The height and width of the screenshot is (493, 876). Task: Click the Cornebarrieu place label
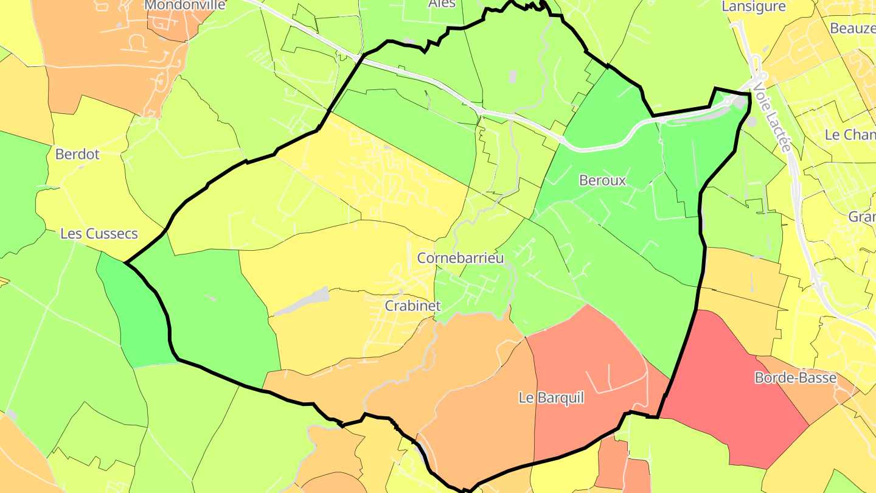[461, 258]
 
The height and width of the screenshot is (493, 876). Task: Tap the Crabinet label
[412, 306]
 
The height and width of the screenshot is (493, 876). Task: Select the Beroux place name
[602, 180]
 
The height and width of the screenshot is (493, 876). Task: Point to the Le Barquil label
[551, 398]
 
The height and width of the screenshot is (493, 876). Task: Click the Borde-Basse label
[795, 378]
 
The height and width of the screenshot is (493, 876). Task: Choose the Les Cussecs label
[99, 234]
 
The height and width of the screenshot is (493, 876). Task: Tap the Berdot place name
[77, 155]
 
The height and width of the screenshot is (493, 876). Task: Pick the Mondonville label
[185, 5]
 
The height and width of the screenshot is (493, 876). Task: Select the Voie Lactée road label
[771, 118]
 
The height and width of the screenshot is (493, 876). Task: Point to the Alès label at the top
[442, 4]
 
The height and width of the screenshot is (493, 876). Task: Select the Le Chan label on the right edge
[849, 135]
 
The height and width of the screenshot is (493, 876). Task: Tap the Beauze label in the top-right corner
[852, 28]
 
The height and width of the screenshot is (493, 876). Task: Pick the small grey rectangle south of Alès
[512, 77]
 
